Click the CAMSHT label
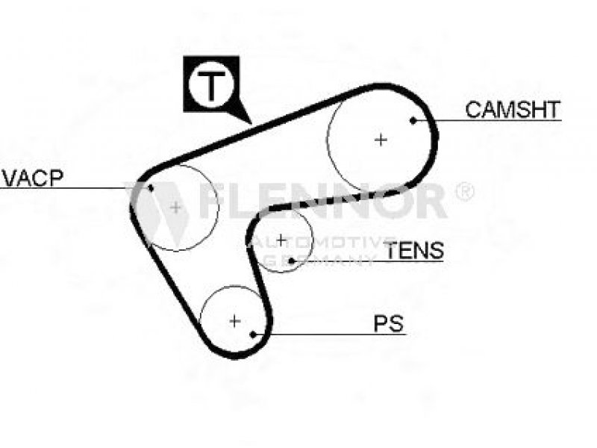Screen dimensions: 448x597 click(x=512, y=110)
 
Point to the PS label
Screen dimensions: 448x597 click(x=388, y=324)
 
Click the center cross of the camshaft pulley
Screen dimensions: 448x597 click(x=381, y=139)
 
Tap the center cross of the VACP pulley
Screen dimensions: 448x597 click(x=175, y=207)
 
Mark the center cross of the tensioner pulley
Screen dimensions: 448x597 click(x=281, y=240)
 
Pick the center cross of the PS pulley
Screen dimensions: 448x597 click(x=234, y=321)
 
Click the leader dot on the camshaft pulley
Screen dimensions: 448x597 click(x=413, y=119)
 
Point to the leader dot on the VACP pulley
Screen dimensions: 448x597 click(x=151, y=187)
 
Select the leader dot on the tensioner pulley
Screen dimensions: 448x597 click(x=292, y=261)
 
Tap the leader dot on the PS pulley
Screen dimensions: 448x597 click(x=254, y=334)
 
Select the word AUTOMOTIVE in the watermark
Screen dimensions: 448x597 click(x=313, y=244)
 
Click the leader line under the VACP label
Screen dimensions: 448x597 click(x=67, y=187)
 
